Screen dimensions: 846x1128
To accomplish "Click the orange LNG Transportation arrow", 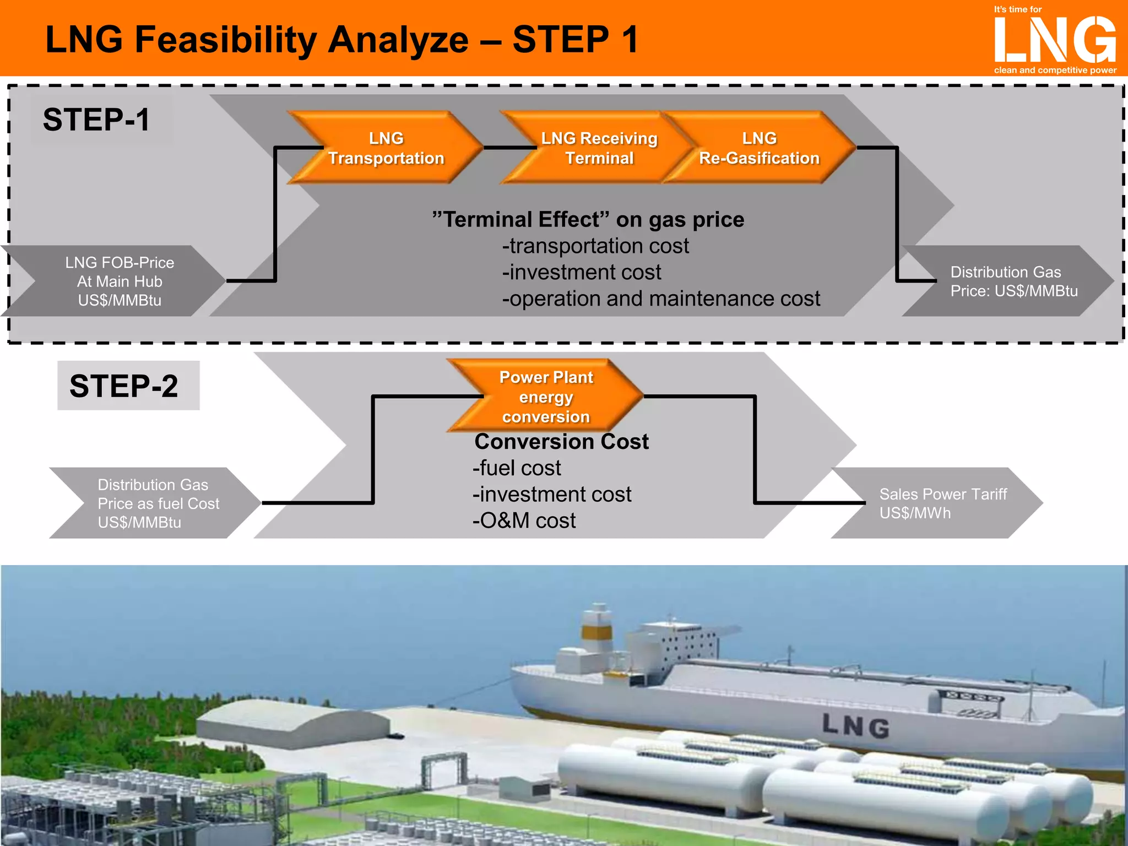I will [x=386, y=148].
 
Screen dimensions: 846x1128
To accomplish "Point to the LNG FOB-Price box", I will [x=119, y=281].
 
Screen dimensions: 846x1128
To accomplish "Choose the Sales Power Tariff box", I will [x=942, y=503].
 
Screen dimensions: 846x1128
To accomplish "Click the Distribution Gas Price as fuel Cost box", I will [x=158, y=503].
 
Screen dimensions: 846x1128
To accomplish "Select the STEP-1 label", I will [x=96, y=120].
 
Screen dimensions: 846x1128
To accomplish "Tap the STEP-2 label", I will [x=124, y=386].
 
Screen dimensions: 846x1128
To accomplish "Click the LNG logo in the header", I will [x=1055, y=40].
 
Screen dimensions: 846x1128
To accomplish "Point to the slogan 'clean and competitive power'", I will [x=1055, y=70].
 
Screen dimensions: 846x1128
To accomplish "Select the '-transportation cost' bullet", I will [x=595, y=246].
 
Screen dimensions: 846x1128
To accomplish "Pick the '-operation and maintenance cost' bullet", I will [x=661, y=299].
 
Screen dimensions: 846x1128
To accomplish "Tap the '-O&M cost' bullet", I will [x=524, y=520].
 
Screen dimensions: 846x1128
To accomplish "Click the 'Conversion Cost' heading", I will [x=561, y=441].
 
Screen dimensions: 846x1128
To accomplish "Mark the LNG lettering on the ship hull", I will [x=856, y=726].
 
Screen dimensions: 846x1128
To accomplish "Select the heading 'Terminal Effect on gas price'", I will [x=588, y=219].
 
